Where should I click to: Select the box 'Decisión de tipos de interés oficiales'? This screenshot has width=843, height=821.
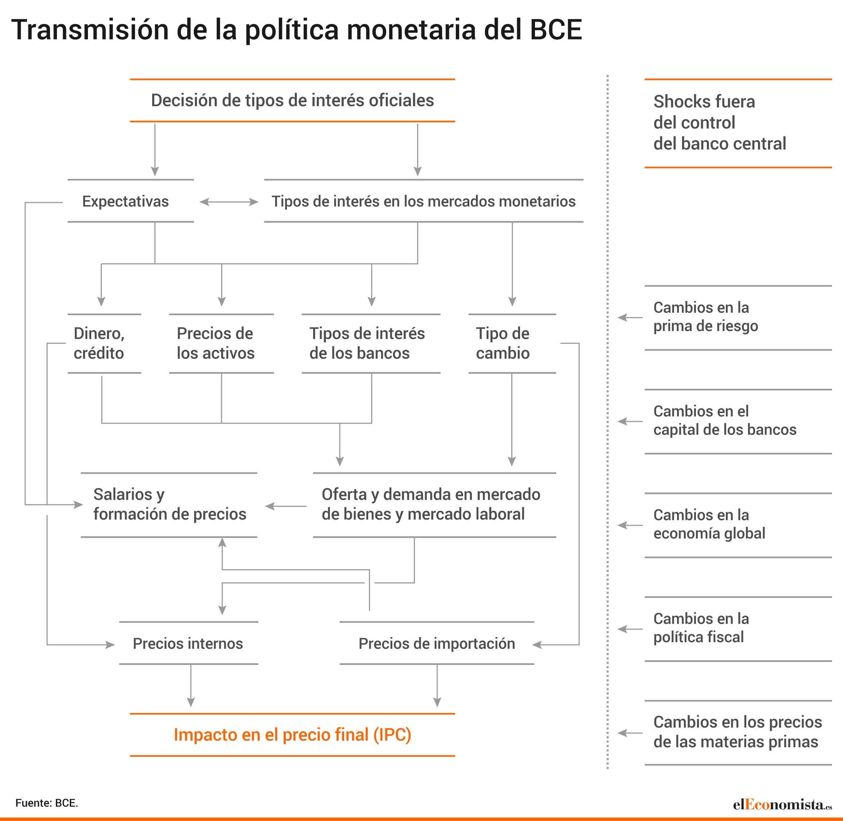point(292,100)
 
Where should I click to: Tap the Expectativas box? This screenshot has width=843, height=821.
point(131,201)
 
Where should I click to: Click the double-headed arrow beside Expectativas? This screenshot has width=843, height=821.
point(228,202)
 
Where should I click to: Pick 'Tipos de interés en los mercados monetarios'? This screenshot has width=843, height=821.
point(423,201)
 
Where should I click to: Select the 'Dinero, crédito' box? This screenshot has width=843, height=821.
point(104,343)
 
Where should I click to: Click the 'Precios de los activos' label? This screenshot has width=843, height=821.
point(216,343)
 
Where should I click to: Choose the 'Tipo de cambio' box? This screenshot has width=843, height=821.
point(512,343)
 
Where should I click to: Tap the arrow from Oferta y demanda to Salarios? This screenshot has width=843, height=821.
point(286,506)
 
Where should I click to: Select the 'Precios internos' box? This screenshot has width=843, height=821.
point(188,643)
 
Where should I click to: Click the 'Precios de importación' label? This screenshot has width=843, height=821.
point(437,643)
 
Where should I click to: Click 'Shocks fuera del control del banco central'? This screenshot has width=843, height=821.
point(720,123)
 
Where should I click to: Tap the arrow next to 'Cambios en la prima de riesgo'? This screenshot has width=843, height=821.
point(630,317)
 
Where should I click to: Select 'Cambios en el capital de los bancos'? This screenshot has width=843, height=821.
point(725,420)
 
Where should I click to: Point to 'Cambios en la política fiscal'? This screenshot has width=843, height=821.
point(701,628)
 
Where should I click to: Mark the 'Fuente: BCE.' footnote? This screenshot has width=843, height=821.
point(47,803)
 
